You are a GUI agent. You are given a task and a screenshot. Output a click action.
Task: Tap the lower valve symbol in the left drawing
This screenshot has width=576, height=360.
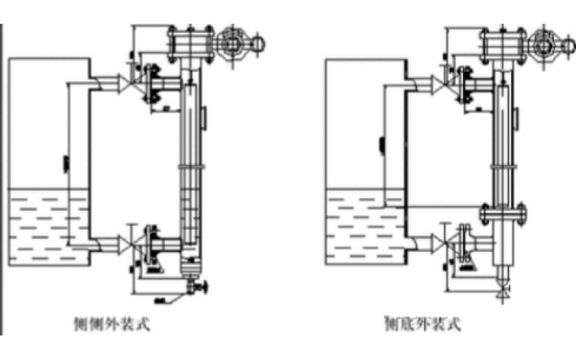click(x=130, y=240)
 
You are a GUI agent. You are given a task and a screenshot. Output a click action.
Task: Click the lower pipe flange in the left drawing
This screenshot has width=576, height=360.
click(x=152, y=240)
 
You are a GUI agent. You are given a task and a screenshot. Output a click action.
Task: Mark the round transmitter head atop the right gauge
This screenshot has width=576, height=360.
click(x=545, y=45)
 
